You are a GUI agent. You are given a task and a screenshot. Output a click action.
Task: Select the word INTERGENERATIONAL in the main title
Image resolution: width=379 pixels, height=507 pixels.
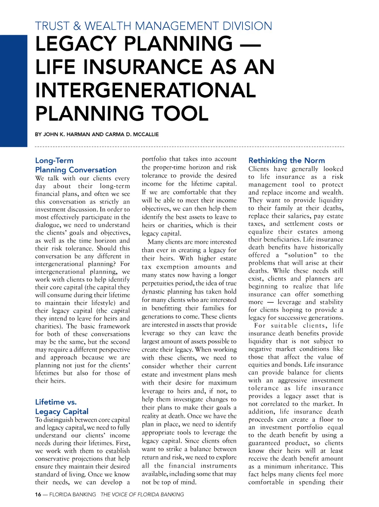click(145, 90)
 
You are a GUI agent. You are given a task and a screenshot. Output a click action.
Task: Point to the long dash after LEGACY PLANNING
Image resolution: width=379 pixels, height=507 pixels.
click(250, 44)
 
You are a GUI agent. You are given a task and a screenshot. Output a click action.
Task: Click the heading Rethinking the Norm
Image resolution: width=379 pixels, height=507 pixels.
click(286, 160)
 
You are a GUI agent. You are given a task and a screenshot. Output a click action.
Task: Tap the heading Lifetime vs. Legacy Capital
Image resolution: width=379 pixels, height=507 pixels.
click(62, 407)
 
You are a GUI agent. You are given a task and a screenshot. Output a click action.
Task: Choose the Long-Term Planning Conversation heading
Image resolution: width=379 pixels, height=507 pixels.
click(76, 165)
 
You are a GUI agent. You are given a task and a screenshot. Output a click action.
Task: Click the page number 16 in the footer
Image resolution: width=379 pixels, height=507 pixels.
click(38, 494)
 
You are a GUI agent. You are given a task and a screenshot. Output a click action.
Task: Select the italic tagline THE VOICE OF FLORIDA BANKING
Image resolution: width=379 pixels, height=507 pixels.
click(142, 494)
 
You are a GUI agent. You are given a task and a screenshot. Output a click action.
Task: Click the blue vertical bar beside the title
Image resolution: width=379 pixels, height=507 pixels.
click(14, 91)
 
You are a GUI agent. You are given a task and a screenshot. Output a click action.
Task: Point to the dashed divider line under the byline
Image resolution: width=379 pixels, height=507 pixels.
click(189, 147)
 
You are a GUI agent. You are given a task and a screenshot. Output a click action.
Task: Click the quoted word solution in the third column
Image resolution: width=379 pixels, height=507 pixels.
click(301, 255)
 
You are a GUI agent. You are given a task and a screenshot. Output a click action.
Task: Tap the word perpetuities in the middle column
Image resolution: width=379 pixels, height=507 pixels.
click(160, 283)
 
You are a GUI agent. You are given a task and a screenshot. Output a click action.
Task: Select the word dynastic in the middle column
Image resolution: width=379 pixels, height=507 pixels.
click(153, 292)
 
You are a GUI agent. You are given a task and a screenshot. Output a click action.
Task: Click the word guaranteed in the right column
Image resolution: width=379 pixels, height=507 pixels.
click(264, 443)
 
